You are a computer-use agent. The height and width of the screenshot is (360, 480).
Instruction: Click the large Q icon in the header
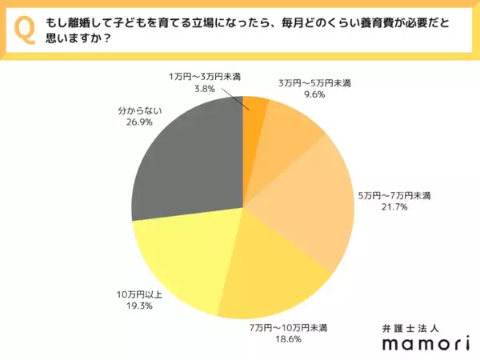click(x=25, y=30)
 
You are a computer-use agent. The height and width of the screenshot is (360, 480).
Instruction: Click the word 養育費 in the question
click(x=362, y=25)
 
